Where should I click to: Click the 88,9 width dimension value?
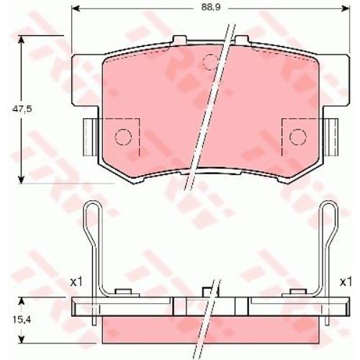click(211, 8)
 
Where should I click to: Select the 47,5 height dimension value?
click(22, 109)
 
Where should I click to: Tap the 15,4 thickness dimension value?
click(22, 320)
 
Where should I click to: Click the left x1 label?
click(76, 282)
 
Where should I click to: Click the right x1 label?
click(346, 282)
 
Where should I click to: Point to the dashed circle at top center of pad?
click(210, 62)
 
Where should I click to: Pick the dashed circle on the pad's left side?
click(123, 137)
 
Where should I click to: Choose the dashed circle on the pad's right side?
click(298, 137)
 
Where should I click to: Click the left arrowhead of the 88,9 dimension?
click(76, 9)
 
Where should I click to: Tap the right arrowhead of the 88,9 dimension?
click(346, 9)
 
